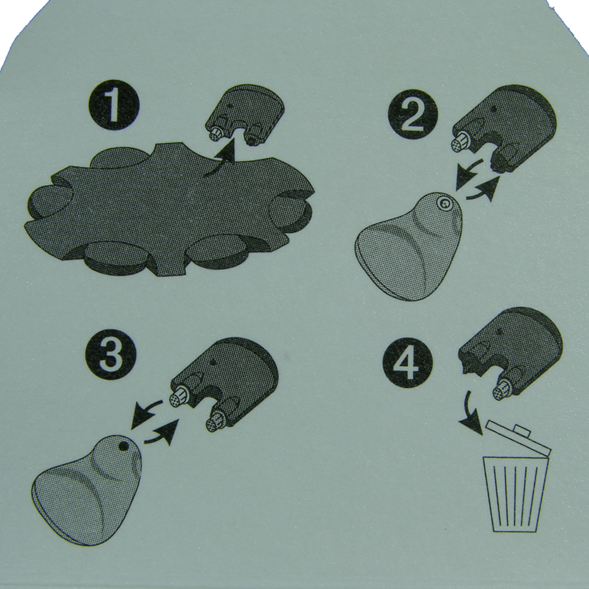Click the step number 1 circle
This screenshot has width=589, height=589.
click(114, 105)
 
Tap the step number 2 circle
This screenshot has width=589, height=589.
click(413, 114)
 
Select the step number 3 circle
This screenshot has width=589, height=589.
click(111, 354)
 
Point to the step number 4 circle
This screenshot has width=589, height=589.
click(408, 363)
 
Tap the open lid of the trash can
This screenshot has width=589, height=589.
click(518, 438)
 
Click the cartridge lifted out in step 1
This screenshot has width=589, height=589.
click(245, 115)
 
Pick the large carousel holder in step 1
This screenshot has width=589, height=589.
click(169, 210)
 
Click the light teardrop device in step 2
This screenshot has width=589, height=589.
click(409, 246)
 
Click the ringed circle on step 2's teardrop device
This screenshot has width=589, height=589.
click(445, 204)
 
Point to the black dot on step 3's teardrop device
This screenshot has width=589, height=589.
click(123, 446)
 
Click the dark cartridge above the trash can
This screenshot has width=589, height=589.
click(511, 351)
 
